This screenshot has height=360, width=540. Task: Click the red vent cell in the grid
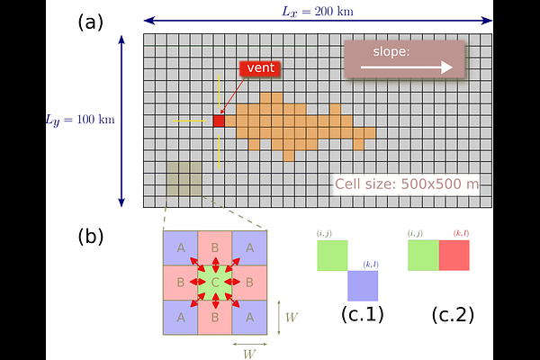point(219,121)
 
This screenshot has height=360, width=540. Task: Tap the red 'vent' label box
point(260,67)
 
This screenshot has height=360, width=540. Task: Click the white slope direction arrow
point(407,67)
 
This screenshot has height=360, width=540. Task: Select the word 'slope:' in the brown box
point(391,51)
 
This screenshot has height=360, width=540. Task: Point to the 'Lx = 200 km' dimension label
point(318,12)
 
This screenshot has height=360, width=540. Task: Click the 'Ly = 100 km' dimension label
point(80,120)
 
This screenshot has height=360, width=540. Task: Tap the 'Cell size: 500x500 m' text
point(407,184)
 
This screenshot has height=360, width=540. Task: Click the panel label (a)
point(91,23)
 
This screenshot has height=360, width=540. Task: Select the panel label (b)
point(91,237)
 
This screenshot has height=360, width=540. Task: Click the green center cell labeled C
point(215,283)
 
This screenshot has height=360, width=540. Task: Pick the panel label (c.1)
point(363,314)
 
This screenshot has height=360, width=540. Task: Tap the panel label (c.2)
point(453,314)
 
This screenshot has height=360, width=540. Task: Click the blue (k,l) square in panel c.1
point(363,285)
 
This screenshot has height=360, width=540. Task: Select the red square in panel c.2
point(454,256)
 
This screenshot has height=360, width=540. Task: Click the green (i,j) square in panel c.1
point(332,256)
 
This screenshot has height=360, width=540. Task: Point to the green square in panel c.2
point(424,256)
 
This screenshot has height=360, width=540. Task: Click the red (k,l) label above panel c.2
point(461,233)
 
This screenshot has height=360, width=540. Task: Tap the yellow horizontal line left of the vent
point(189,121)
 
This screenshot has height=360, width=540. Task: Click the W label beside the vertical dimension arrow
point(292,318)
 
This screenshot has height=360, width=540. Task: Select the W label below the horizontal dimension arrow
point(249,354)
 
